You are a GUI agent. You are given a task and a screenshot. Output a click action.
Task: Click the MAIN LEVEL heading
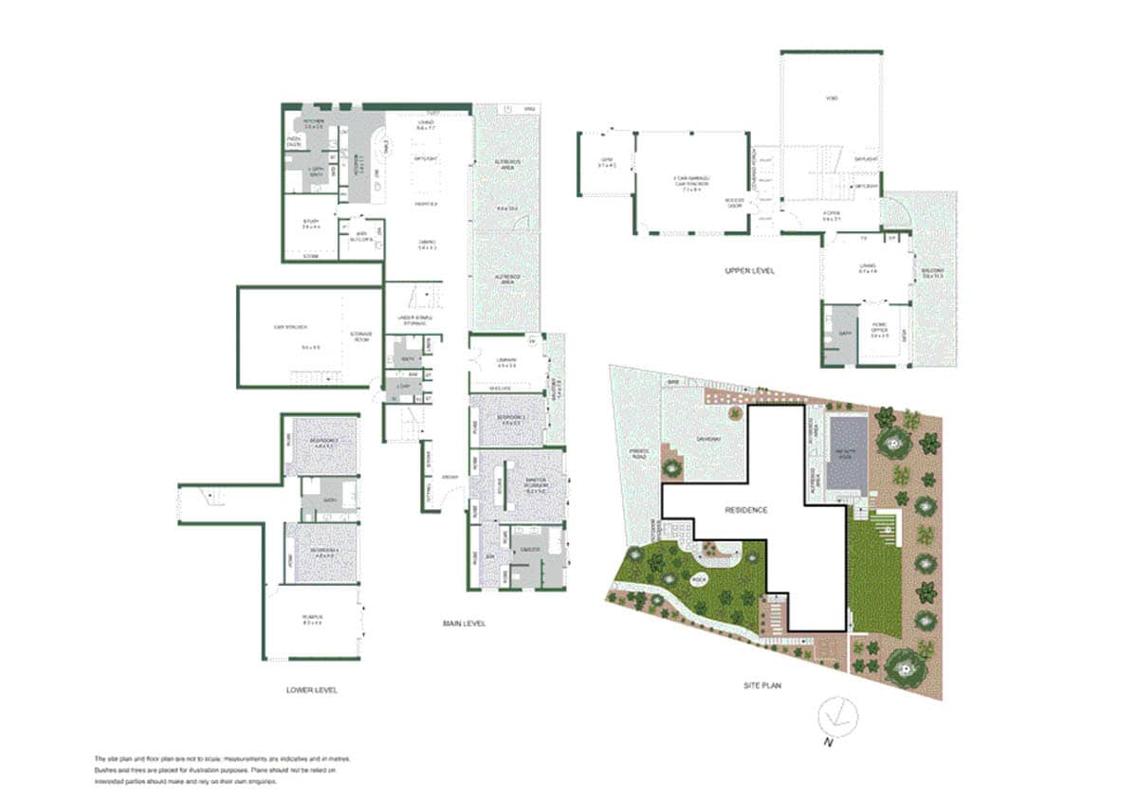464,623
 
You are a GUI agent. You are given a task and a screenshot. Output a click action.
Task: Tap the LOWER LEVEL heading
311,690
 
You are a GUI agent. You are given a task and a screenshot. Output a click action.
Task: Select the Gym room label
606,163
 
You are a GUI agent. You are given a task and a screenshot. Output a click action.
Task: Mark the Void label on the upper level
832,99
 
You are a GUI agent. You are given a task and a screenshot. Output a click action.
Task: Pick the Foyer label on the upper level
832,216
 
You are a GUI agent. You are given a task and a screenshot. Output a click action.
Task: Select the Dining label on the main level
427,244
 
